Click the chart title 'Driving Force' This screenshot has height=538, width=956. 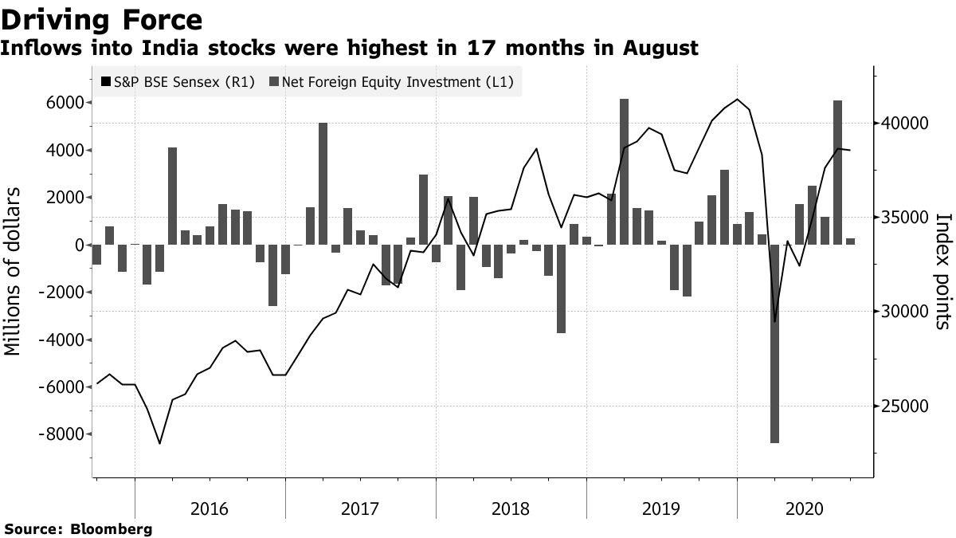pyautogui.click(x=101, y=19)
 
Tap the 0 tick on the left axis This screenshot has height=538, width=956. pyautogui.click(x=79, y=245)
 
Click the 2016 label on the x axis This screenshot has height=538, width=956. pyautogui.click(x=210, y=509)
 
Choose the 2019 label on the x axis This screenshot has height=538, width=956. pyautogui.click(x=662, y=509)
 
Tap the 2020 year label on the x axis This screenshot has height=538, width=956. pyautogui.click(x=813, y=509)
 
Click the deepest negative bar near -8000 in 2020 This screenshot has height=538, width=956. pyautogui.click(x=774, y=343)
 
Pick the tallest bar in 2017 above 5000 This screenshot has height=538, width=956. pyautogui.click(x=323, y=183)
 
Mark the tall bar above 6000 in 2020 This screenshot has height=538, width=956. pyautogui.click(x=837, y=172)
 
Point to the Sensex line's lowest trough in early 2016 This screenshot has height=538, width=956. pyautogui.click(x=159, y=443)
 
